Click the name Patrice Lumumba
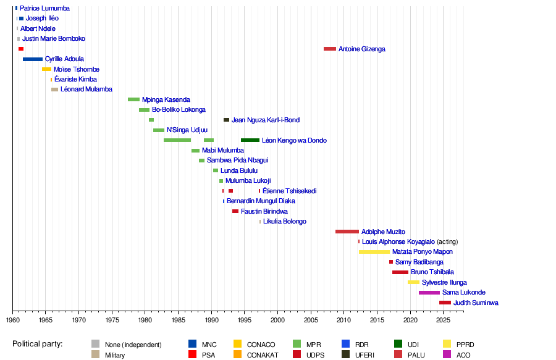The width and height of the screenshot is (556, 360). pyautogui.click(x=44, y=9)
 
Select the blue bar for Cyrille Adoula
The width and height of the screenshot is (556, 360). pyautogui.click(x=33, y=59)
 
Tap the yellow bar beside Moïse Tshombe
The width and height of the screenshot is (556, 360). pyautogui.click(x=46, y=69)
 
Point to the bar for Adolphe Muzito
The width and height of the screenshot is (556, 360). pyautogui.click(x=347, y=232)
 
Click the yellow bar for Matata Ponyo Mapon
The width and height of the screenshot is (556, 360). pyautogui.click(x=374, y=252)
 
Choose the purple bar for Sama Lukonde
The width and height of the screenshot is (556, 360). pyautogui.click(x=429, y=293)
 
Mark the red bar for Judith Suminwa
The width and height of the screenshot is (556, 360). pyautogui.click(x=445, y=303)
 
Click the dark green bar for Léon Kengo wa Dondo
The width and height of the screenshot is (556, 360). pyautogui.click(x=250, y=140)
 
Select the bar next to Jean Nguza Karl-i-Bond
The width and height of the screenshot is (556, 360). pyautogui.click(x=226, y=120)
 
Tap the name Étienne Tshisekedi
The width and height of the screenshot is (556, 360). pyautogui.click(x=289, y=191)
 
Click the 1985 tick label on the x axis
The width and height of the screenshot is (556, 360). pyautogui.click(x=178, y=320)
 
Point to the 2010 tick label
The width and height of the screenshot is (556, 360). pyautogui.click(x=343, y=320)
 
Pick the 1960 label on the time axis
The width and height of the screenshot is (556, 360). pyautogui.click(x=13, y=320)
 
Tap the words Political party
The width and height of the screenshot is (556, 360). pyautogui.click(x=41, y=344)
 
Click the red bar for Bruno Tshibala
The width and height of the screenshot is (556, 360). pyautogui.click(x=400, y=272)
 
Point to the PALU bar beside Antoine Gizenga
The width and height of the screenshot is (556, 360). pyautogui.click(x=330, y=49)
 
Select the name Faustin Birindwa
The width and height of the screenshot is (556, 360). pyautogui.click(x=264, y=211)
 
